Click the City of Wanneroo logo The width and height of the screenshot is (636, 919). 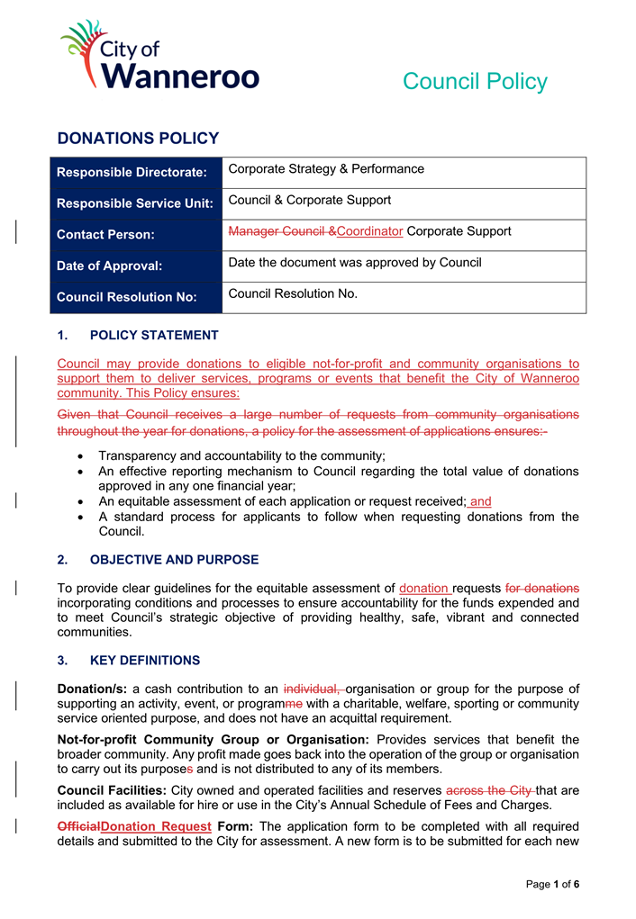pos(159,56)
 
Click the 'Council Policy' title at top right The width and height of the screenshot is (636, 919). pos(474,81)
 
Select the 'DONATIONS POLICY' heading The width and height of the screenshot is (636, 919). pos(138,139)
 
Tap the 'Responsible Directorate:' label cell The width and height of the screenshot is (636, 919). pos(132,172)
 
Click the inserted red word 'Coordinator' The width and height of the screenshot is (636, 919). pos(369,231)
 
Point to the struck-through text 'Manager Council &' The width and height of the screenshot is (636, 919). pos(282,231)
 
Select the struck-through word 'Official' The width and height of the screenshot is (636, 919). pos(78,826)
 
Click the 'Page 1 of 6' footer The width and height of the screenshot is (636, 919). pos(552,885)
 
